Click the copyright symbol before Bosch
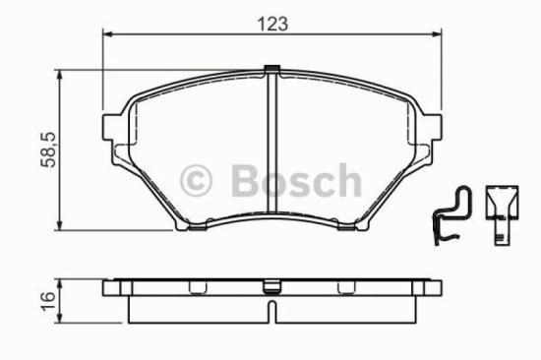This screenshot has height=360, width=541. click(x=200, y=181)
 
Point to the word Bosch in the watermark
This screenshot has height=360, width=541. click(x=295, y=181)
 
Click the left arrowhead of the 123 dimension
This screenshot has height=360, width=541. click(x=108, y=35)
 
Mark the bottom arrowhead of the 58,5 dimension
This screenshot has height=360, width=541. click(x=64, y=225)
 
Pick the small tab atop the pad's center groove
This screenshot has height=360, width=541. click(x=271, y=69)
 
